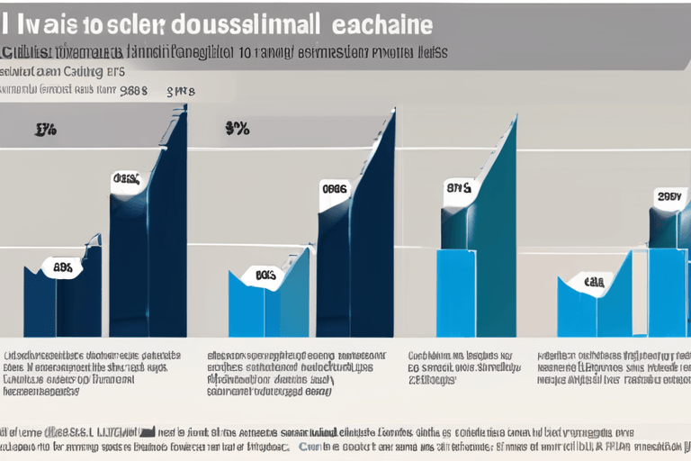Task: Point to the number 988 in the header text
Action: tap(133, 91)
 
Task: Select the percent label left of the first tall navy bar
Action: tap(46, 130)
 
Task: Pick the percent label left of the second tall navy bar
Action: tap(237, 129)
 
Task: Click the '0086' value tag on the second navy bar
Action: tap(334, 189)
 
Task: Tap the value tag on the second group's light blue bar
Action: tap(265, 276)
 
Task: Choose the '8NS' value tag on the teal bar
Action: tap(458, 189)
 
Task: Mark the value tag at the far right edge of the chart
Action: tap(668, 196)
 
